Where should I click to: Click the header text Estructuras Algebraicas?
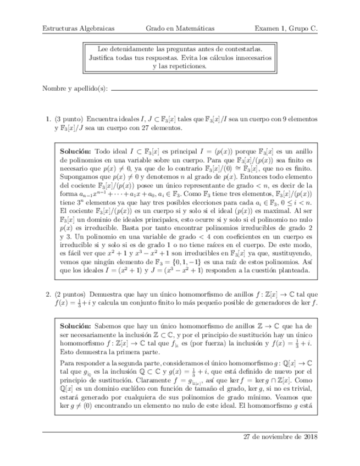75,28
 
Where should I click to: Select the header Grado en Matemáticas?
180,28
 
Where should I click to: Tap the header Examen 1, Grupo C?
286,28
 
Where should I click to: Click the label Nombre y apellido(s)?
75,89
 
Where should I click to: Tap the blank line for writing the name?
214,90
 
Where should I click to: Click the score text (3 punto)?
68,118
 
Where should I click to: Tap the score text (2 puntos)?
69,293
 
